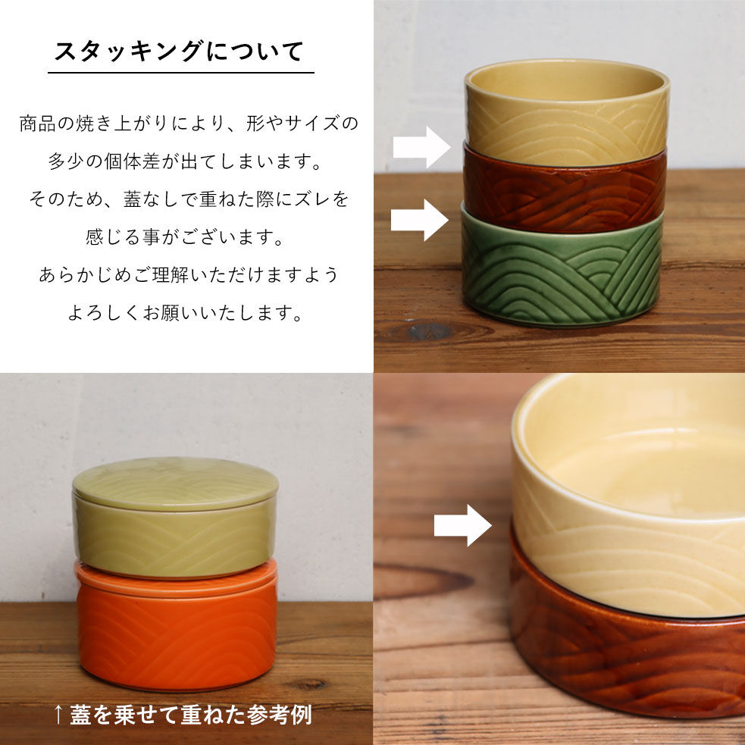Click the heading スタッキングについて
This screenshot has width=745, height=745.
[180, 52]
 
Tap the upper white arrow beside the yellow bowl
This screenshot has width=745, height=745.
[421, 147]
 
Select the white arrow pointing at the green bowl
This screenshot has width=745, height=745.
[420, 220]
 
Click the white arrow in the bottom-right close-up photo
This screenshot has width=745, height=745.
[463, 525]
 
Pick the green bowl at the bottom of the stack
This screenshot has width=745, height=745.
[562, 268]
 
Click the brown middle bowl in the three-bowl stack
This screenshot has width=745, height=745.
[565, 190]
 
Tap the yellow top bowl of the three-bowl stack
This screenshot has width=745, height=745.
[568, 111]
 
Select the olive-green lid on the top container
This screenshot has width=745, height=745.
[175, 484]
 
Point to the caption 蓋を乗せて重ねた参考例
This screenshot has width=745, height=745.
[191, 715]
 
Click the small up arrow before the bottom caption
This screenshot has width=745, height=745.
[58, 715]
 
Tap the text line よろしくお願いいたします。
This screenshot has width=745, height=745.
[185, 313]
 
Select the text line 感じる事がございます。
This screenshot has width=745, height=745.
[185, 236]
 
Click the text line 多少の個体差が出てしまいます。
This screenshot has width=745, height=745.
[185, 161]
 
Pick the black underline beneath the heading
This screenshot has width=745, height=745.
[181, 73]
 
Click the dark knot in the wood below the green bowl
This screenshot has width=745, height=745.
[429, 331]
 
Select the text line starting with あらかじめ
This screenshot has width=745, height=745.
[189, 274]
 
